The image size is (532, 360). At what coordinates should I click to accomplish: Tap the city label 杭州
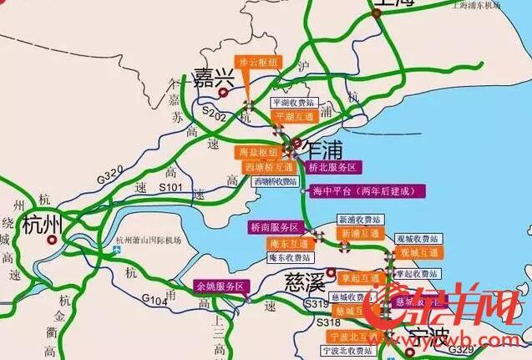coord(43,225)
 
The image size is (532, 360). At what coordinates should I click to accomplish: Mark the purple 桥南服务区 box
coord(275,227)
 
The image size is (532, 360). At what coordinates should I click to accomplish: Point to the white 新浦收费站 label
coord(359,219)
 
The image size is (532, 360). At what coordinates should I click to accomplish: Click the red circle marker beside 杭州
coord(53,240)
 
